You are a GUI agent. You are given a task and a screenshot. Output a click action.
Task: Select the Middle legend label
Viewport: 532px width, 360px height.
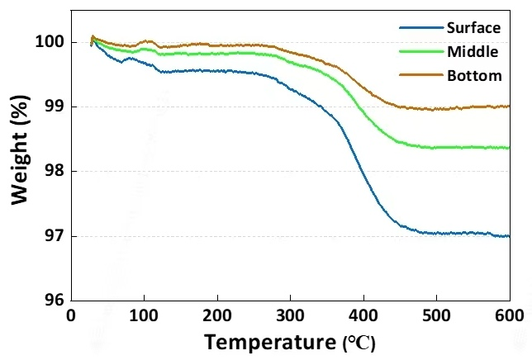(472, 52)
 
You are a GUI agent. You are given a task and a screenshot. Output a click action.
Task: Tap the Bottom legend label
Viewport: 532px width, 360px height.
(473, 76)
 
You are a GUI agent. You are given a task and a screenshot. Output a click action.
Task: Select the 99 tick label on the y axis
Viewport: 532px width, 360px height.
(54, 107)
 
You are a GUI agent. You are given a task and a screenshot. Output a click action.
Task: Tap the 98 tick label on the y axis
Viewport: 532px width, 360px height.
(54, 172)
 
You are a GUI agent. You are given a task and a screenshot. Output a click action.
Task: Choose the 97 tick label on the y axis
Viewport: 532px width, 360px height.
(54, 237)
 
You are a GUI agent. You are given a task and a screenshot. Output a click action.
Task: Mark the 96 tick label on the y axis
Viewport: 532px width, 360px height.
(54, 301)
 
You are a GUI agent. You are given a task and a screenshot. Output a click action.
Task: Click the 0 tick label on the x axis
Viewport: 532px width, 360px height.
(71, 315)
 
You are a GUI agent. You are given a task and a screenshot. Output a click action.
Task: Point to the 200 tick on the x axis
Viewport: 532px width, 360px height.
(217, 315)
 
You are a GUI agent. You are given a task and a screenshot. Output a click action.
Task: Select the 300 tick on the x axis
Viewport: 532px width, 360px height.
(290, 315)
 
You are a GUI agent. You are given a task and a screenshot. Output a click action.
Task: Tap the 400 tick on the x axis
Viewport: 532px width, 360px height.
(363, 315)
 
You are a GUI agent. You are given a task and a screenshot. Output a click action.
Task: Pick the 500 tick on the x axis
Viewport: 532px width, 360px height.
(436, 315)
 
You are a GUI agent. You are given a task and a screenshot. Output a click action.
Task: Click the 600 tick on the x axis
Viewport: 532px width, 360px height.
(508, 315)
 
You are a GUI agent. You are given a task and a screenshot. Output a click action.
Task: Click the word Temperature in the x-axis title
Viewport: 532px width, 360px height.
(269, 340)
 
